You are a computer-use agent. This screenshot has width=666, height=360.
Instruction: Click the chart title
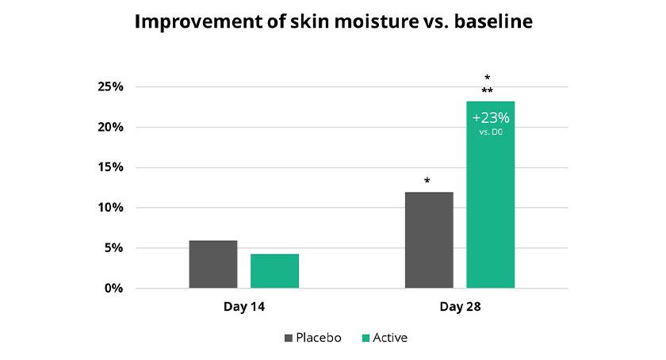[x=334, y=21]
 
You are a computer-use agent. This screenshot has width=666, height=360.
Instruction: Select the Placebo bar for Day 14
[x=213, y=264]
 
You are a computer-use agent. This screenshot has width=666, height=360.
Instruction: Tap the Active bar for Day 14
[x=274, y=271]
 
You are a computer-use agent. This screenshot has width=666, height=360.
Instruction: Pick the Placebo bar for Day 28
[x=429, y=240]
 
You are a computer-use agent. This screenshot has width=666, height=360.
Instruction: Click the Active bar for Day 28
[x=491, y=194]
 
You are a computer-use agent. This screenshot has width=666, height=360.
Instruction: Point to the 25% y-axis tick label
[x=110, y=86]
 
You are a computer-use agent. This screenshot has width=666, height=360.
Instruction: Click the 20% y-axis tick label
[x=110, y=127]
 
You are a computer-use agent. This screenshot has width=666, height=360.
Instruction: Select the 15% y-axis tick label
[x=110, y=167]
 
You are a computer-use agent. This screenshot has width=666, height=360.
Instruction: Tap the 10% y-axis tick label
[x=110, y=208]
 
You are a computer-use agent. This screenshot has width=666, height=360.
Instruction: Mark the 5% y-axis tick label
[x=114, y=247]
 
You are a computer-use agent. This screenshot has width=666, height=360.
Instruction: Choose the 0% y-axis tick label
[x=114, y=288]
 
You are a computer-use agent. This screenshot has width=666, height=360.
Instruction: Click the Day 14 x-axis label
[x=244, y=307]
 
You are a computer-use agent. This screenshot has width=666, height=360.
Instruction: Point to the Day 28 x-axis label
[x=460, y=307]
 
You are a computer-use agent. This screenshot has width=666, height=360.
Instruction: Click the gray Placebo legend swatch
[x=289, y=339]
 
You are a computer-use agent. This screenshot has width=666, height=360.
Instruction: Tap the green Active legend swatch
[x=366, y=339]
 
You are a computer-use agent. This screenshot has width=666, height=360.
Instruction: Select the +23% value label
[x=491, y=117]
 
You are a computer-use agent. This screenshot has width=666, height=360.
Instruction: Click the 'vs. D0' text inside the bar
[x=491, y=132]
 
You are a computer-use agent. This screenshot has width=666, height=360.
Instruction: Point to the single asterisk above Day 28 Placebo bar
[x=427, y=181]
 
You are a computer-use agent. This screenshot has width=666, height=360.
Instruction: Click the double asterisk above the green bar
[x=487, y=90]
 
